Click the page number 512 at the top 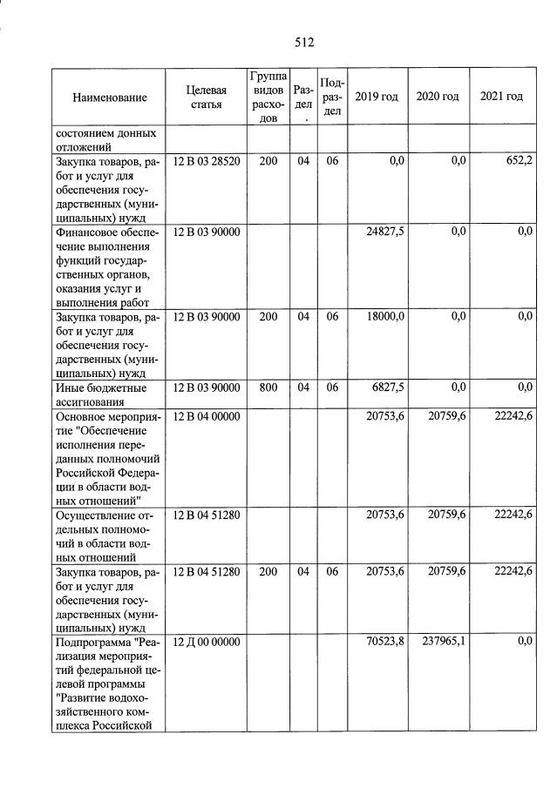point(303,42)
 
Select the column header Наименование point(110,98)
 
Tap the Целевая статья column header point(206,98)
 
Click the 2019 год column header point(377,96)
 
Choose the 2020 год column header point(438,96)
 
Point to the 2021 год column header point(501,96)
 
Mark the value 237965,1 point(445,642)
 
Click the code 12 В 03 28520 point(207,161)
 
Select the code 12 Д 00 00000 point(207,642)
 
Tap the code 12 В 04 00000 point(207,416)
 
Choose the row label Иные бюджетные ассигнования point(101,394)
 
